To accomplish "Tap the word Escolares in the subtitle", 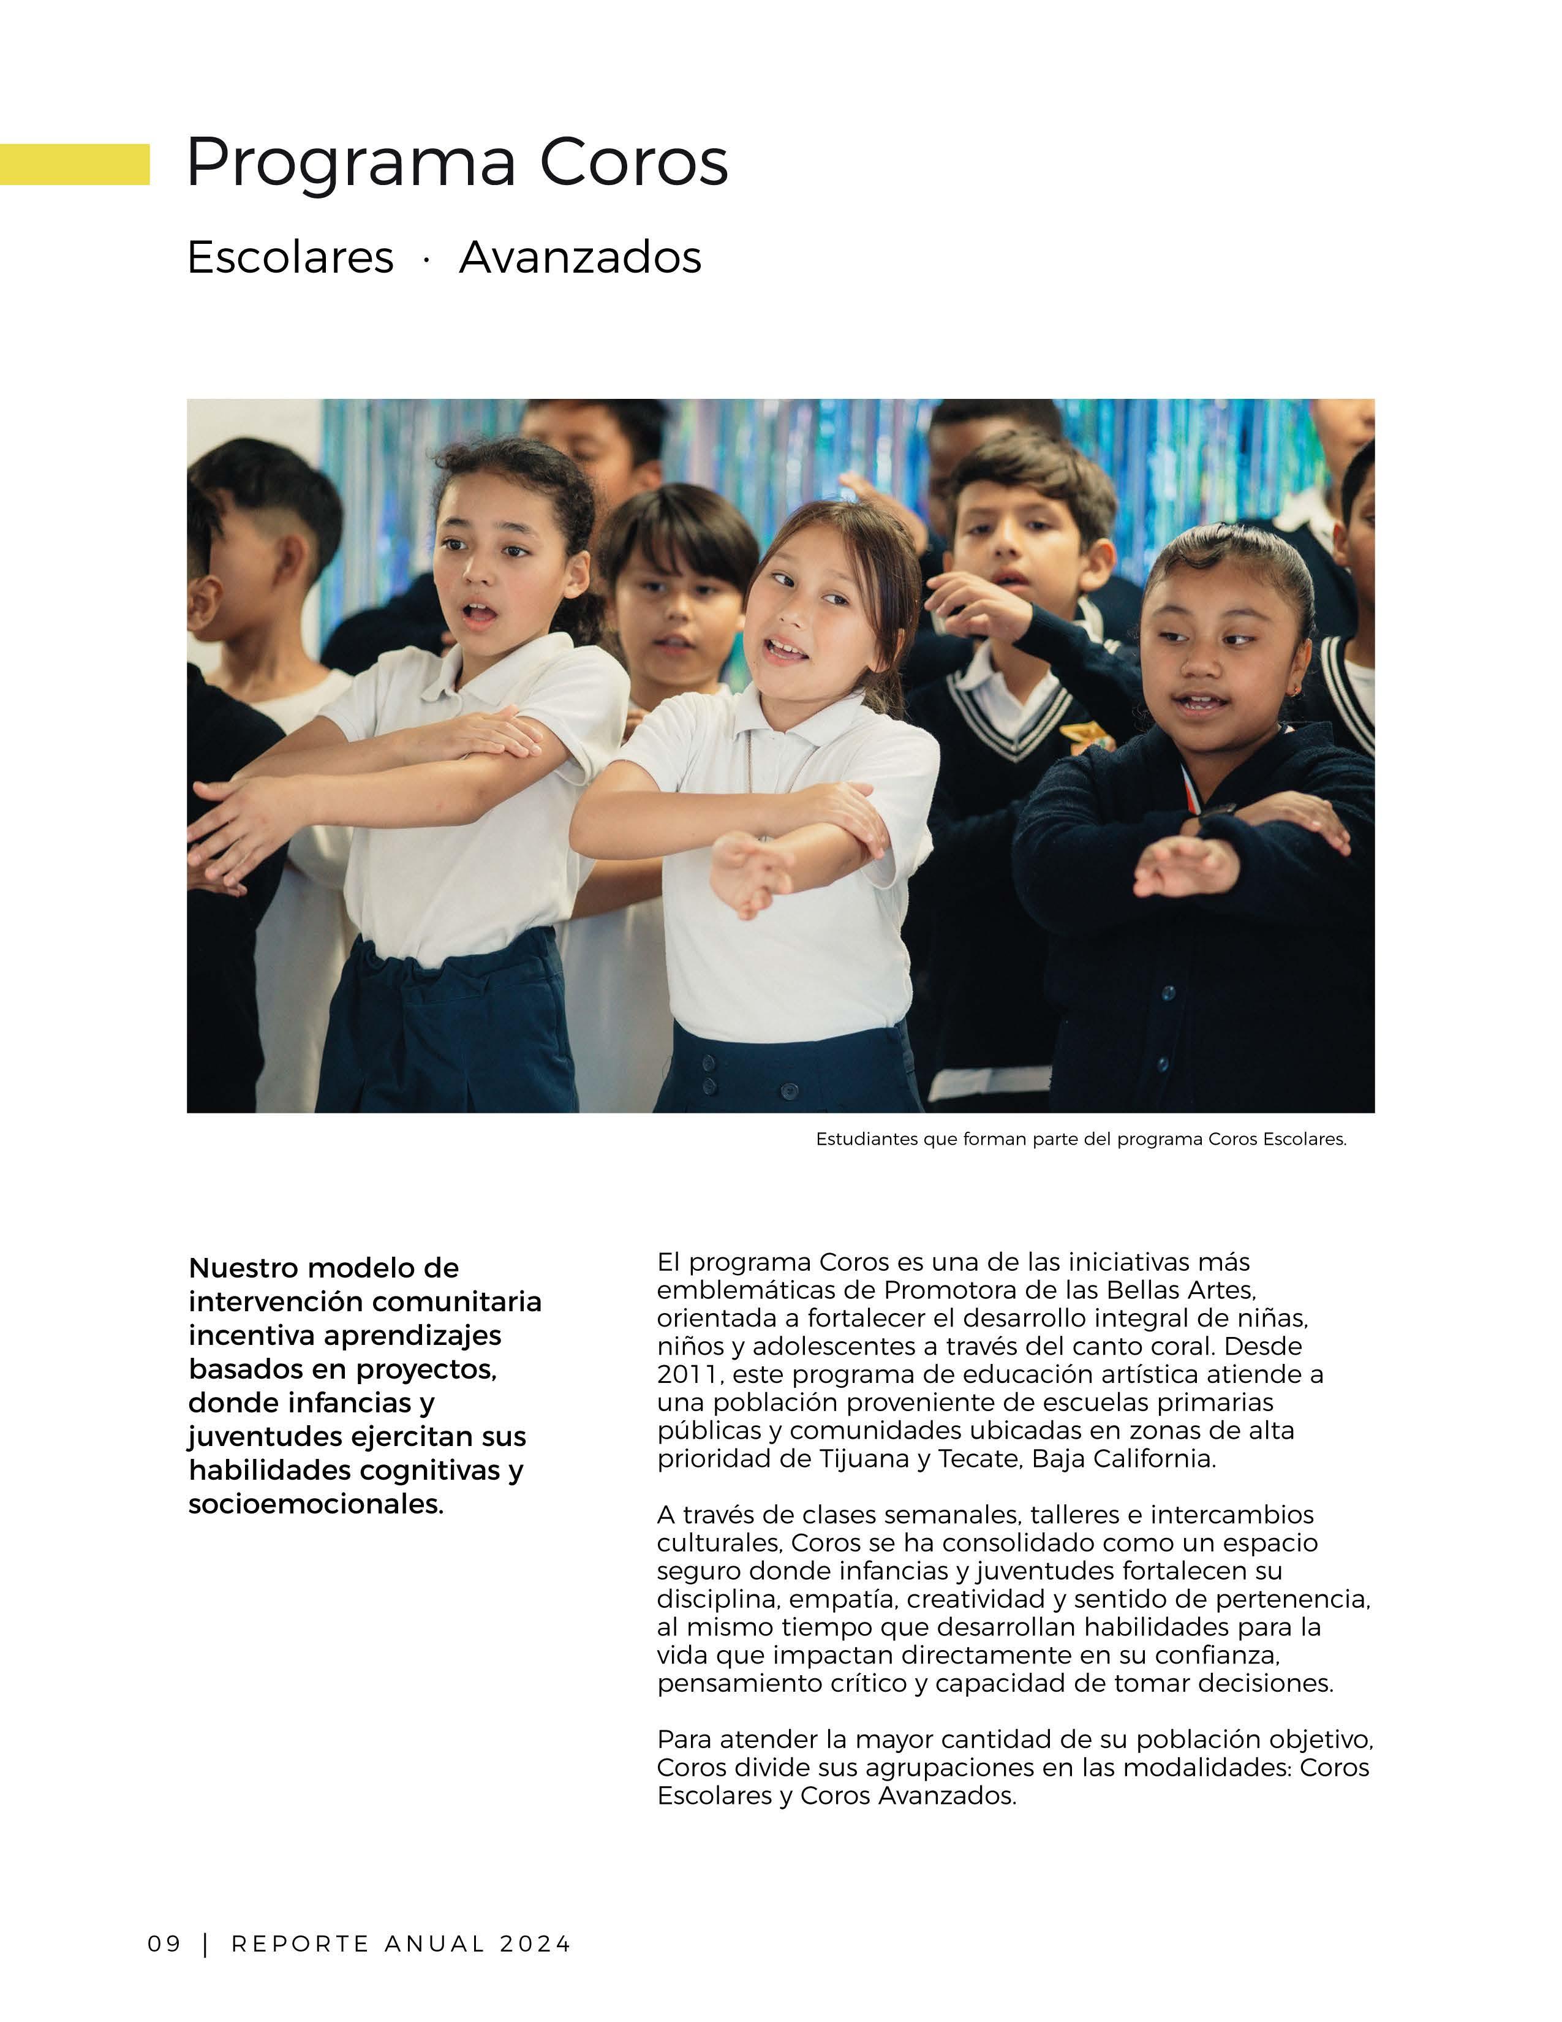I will pyautogui.click(x=290, y=257).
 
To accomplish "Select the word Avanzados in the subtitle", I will pyautogui.click(x=580, y=257).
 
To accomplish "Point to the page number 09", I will pyautogui.click(x=165, y=1944).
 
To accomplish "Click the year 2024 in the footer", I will pyautogui.click(x=536, y=1944).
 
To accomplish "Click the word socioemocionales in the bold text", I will pyautogui.click(x=315, y=1504).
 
